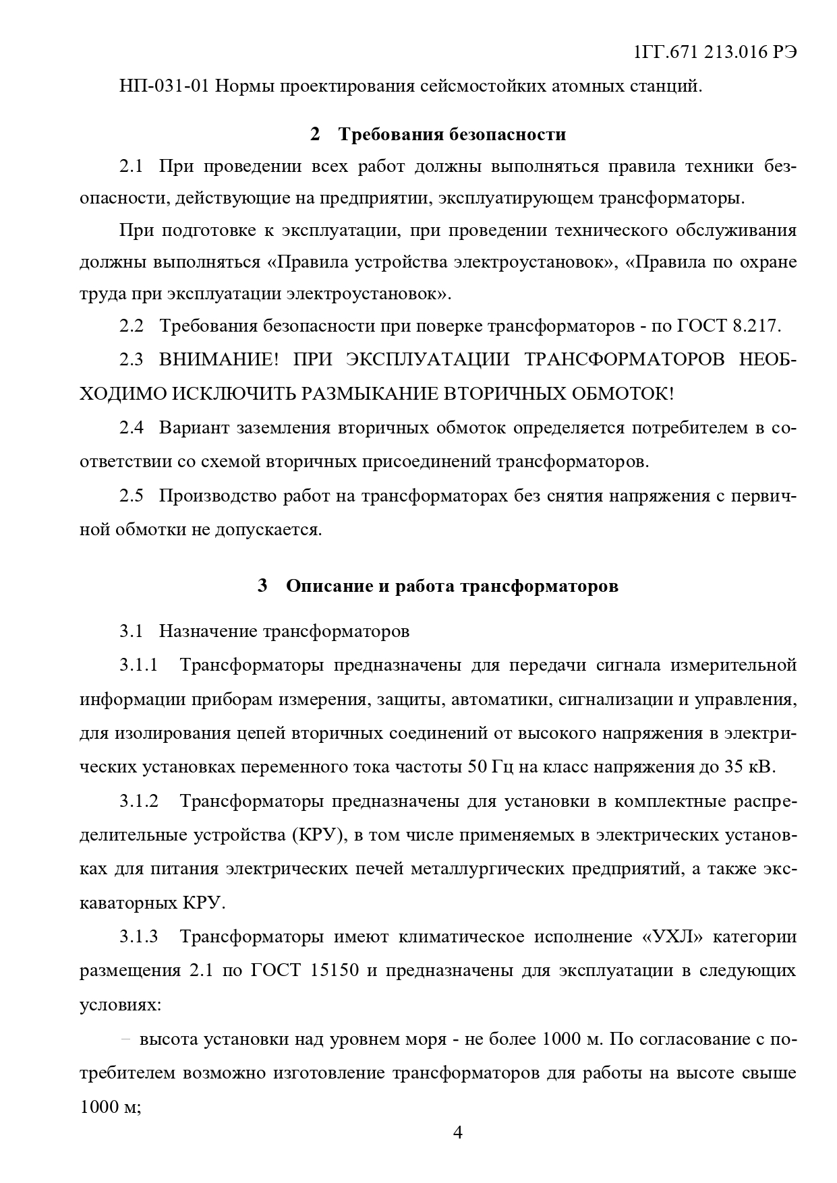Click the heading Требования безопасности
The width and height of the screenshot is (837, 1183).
point(451,135)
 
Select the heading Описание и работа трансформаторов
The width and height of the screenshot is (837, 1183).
point(452,586)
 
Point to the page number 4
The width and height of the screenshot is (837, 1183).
point(457,1132)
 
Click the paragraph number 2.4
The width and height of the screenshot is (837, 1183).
point(132,428)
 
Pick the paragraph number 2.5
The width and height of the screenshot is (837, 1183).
point(132,496)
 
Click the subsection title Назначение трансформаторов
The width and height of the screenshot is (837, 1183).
point(284,632)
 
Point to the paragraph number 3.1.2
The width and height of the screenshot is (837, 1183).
point(139,802)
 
